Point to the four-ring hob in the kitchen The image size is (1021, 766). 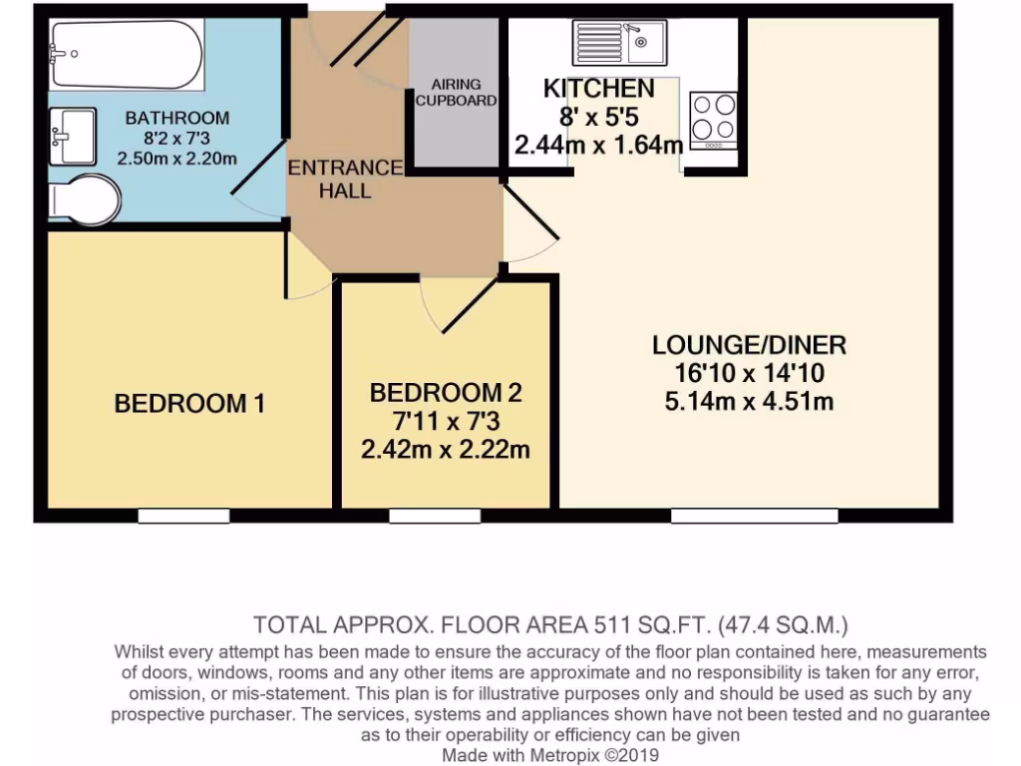(713, 120)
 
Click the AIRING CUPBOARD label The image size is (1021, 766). (456, 93)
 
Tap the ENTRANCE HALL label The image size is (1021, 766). (345, 179)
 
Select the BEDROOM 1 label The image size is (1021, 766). (189, 404)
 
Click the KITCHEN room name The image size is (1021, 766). (598, 89)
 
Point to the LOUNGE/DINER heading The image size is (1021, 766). (749, 346)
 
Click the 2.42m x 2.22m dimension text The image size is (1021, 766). (446, 450)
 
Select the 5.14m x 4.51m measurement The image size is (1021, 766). (748, 402)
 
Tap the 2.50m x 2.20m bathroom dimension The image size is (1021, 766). (176, 158)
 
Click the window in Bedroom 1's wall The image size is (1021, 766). (183, 516)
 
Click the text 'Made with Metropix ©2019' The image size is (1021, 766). (550, 755)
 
